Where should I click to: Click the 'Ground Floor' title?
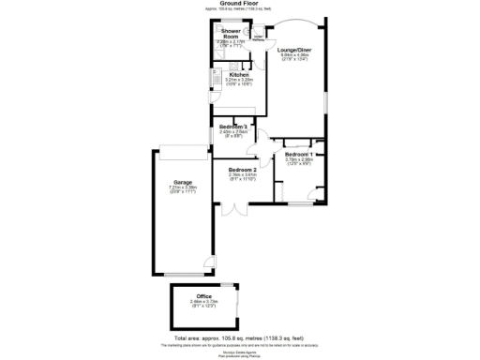click(x=239, y=4)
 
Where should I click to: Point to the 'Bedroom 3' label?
click(x=232, y=126)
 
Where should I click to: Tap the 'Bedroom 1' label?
click(x=299, y=153)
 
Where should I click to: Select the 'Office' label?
click(x=203, y=296)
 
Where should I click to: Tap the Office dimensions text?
click(x=203, y=304)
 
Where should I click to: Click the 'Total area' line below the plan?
click(x=239, y=337)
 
